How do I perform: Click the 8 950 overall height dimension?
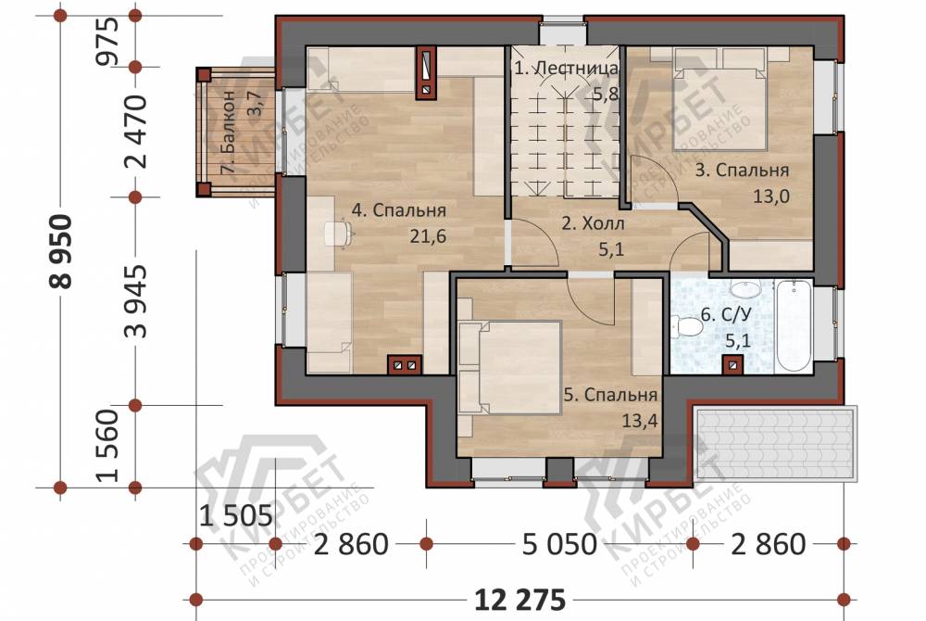(62, 251)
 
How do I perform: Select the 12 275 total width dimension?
(520, 601)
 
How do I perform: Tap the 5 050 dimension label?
(559, 544)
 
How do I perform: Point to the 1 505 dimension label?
(235, 516)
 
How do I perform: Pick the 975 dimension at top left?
(110, 41)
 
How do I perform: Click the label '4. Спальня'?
(398, 210)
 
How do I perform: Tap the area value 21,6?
(428, 236)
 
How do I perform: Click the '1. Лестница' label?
(566, 68)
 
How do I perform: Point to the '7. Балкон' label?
(228, 133)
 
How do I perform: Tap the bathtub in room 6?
(794, 325)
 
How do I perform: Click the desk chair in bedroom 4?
(338, 233)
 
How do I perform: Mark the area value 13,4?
(639, 421)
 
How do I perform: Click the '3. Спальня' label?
(742, 171)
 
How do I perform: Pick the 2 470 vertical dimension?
(137, 132)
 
